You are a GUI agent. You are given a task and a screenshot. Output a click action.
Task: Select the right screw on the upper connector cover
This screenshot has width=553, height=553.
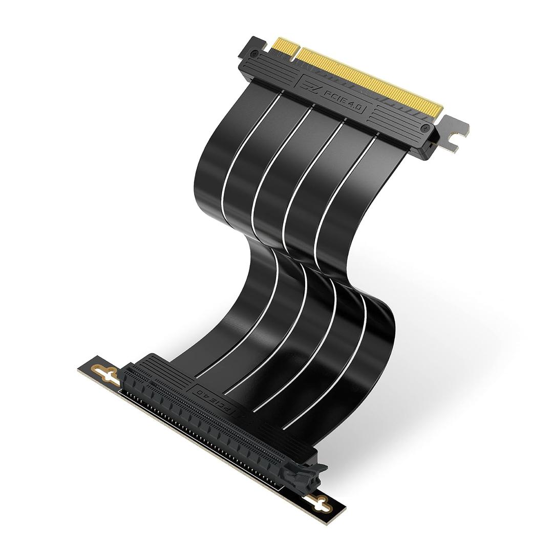(423, 127)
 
